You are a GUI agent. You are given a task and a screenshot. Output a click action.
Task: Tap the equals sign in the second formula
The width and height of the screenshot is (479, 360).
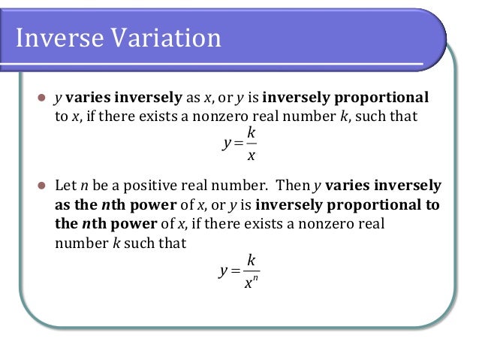point(235,271)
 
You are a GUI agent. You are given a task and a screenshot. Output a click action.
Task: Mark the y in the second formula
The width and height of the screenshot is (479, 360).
point(224,271)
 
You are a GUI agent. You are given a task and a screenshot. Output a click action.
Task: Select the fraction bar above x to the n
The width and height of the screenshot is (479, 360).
point(252,271)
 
